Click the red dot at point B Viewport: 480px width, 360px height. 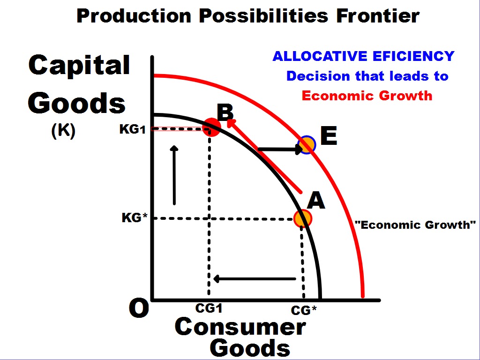point(211,127)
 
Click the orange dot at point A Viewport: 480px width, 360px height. point(303,218)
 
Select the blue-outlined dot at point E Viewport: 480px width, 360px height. point(307,144)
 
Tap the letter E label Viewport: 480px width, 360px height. point(329,137)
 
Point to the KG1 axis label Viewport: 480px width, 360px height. point(133,129)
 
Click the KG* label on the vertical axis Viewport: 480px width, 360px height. point(135,218)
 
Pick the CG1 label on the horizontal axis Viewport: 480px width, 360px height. point(208,308)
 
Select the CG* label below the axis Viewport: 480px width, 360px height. point(304,310)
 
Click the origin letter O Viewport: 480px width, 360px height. point(139,309)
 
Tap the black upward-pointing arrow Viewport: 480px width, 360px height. point(174,175)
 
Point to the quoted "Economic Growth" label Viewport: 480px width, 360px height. point(415,225)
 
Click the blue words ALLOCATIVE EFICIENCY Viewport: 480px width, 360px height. point(363,56)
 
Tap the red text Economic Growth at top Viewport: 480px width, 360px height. point(367,96)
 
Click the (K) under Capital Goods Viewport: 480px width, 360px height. point(63,131)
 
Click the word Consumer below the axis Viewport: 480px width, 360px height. point(240,327)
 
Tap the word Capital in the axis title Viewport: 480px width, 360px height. point(79,65)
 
